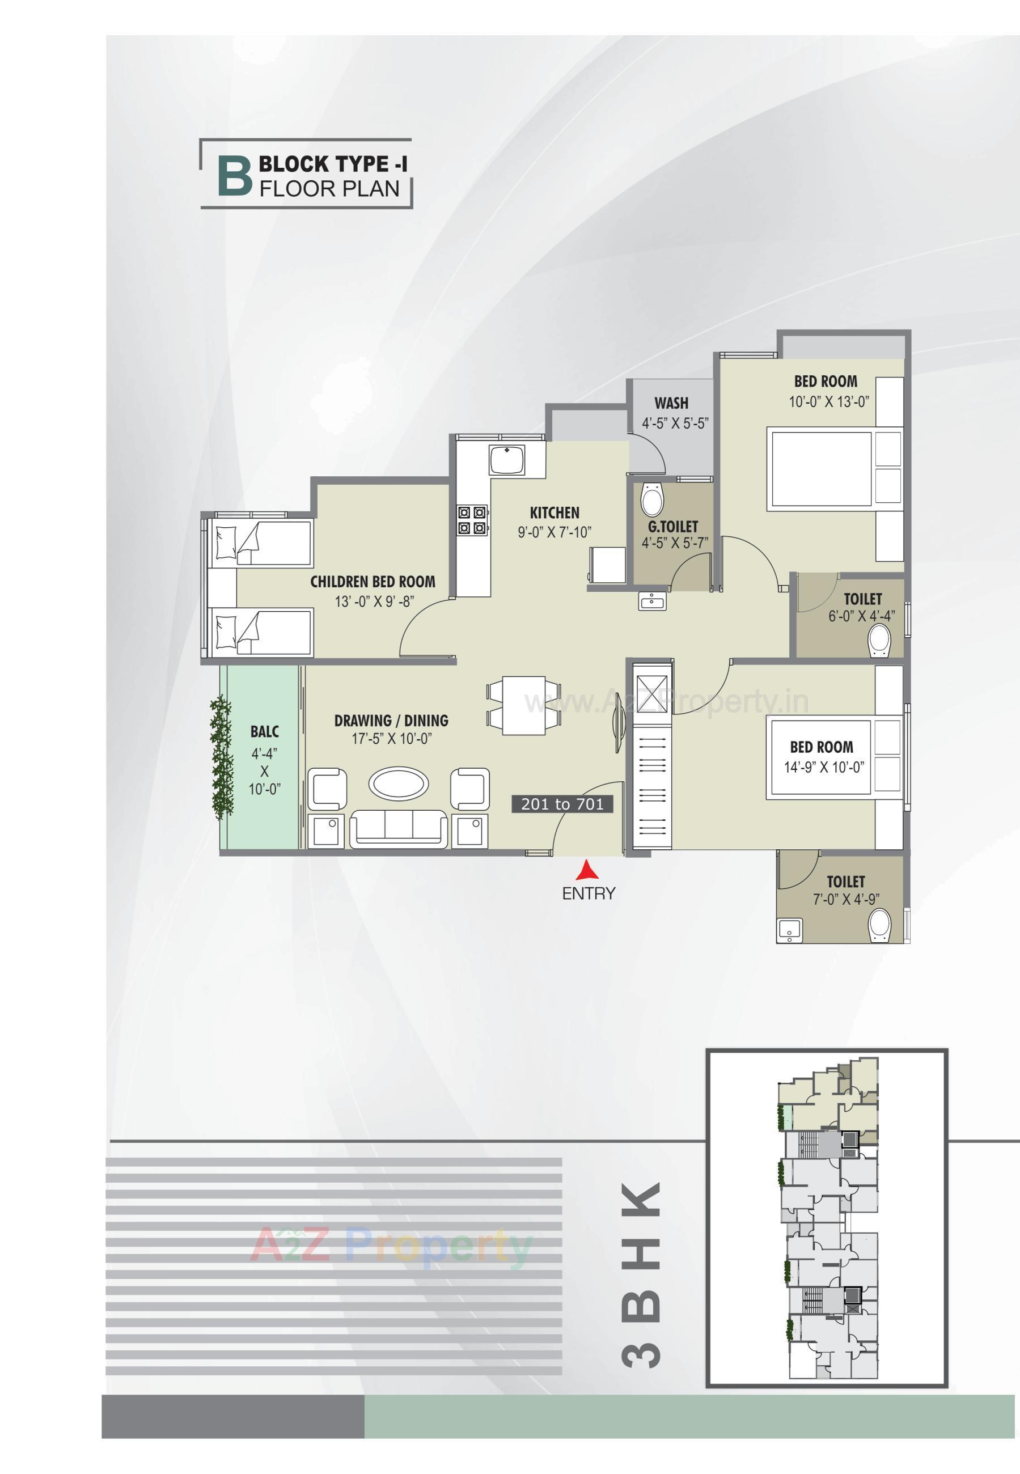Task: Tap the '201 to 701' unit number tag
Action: (562, 804)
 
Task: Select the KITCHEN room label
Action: (554, 512)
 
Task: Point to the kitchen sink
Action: (507, 460)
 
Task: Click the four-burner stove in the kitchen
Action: (472, 519)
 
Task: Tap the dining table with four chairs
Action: (523, 705)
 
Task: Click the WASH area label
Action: (671, 403)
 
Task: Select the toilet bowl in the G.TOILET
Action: (653, 499)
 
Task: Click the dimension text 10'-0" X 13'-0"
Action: (829, 402)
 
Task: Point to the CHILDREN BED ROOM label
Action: (373, 582)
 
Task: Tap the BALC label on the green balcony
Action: (265, 731)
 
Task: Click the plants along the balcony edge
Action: (222, 757)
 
